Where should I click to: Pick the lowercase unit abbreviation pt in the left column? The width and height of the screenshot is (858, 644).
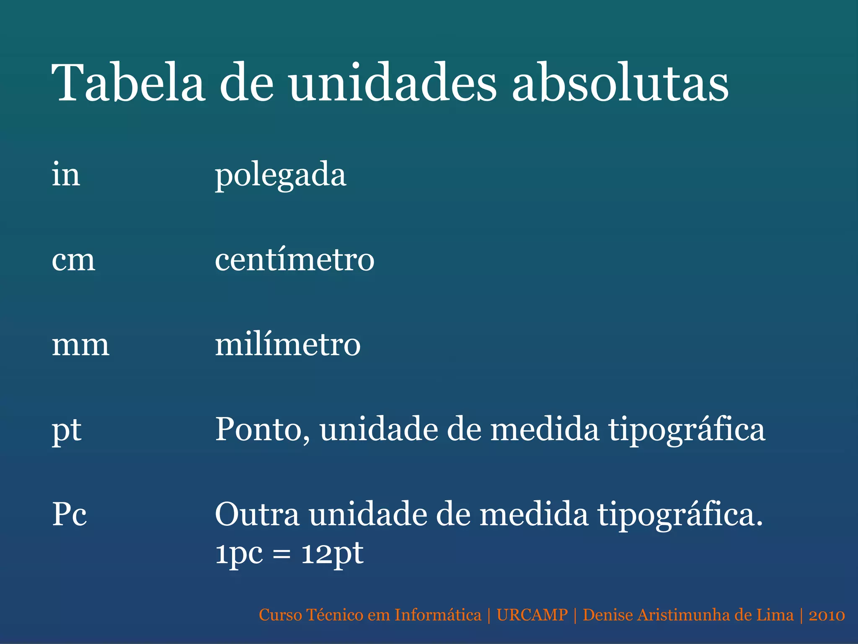click(x=66, y=431)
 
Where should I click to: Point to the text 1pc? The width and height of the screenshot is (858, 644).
click(x=239, y=554)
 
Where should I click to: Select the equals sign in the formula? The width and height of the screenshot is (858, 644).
click(x=282, y=554)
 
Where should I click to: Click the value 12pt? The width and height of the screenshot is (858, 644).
click(x=332, y=554)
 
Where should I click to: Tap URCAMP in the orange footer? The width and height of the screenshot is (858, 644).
click(x=532, y=615)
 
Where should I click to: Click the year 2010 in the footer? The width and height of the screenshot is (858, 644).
click(x=827, y=615)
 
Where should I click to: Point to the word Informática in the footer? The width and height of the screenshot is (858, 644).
click(x=438, y=615)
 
